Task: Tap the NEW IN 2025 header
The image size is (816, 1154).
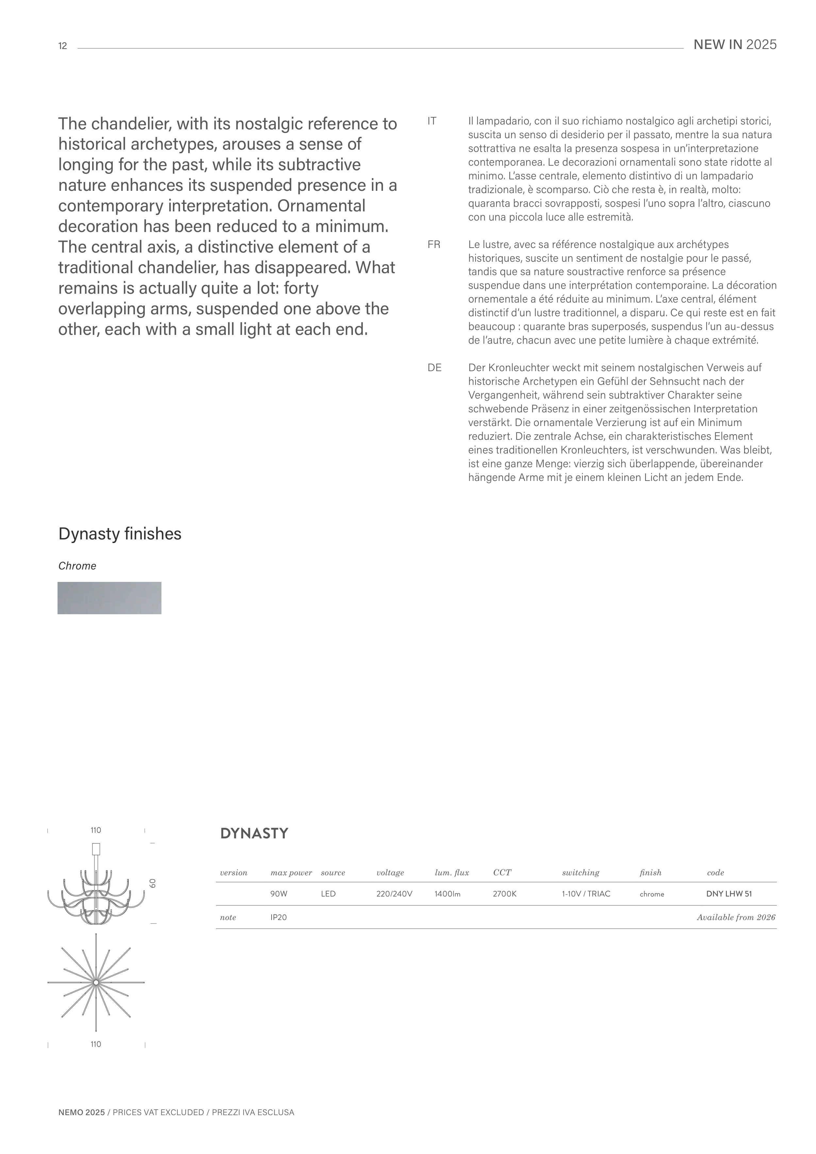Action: click(x=735, y=45)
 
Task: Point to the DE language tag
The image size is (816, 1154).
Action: click(x=434, y=368)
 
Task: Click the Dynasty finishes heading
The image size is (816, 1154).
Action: click(x=120, y=534)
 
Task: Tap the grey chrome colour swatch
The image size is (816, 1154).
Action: click(x=109, y=598)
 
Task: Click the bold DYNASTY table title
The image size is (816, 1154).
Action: click(x=254, y=834)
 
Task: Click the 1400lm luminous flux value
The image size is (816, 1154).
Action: click(x=447, y=894)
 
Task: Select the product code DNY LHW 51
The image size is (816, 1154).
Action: click(x=728, y=894)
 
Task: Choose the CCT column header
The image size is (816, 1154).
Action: click(x=502, y=873)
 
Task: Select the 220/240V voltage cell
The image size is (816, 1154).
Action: click(x=394, y=894)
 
